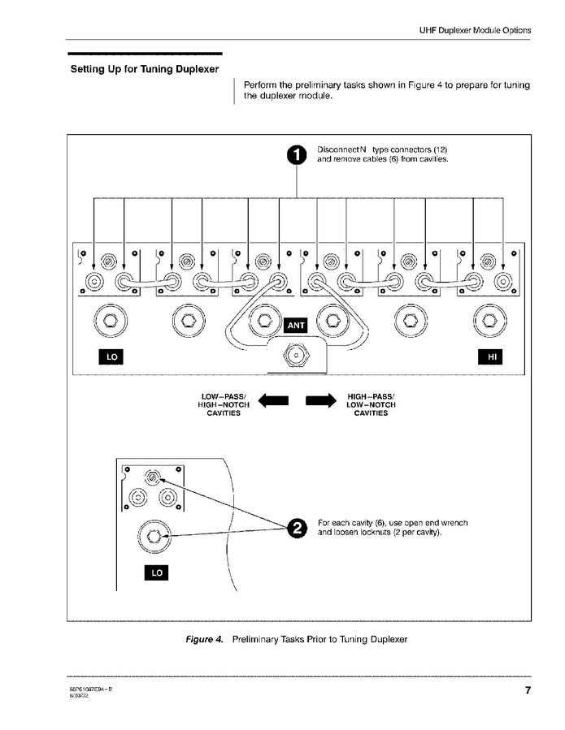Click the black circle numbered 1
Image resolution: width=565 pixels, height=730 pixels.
[x=298, y=155]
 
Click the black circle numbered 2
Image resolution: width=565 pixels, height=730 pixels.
[x=298, y=528]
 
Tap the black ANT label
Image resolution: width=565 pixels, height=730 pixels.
[x=296, y=326]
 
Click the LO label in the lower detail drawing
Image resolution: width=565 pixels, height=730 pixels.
[x=156, y=572]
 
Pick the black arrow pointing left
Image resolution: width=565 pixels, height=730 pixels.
[x=273, y=401]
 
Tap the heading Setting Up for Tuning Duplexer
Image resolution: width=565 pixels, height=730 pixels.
[x=144, y=69]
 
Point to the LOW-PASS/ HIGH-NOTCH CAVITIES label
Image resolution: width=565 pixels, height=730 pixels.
[x=224, y=404]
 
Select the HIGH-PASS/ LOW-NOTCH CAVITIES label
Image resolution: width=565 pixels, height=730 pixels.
[x=371, y=404]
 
